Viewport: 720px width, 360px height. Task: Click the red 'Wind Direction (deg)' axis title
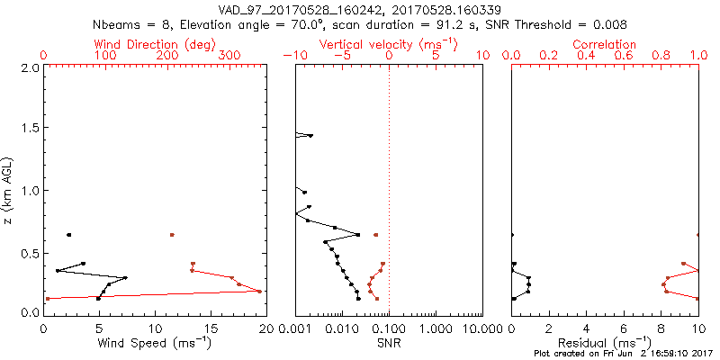155,44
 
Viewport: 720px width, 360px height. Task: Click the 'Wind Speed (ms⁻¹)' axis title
155,343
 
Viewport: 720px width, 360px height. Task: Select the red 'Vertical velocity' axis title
388,44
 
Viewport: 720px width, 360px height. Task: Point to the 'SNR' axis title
388,342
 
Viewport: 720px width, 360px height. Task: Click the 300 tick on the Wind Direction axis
230,55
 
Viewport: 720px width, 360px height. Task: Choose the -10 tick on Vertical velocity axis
291,55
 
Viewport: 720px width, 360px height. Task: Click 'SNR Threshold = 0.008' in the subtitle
557,24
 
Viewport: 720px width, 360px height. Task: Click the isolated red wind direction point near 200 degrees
172,235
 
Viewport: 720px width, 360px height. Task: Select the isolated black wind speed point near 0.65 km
68,235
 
